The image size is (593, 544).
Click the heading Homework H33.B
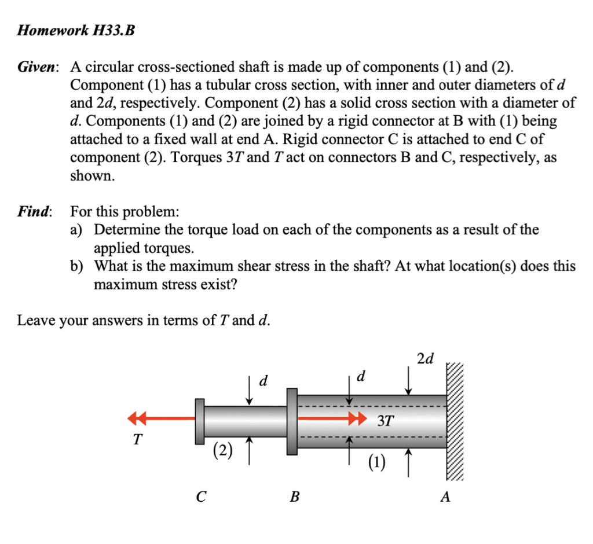(x=76, y=31)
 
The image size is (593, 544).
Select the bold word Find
(x=34, y=212)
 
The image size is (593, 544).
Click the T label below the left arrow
(x=137, y=440)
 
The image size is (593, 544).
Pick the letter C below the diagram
(x=200, y=497)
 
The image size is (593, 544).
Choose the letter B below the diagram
(x=295, y=497)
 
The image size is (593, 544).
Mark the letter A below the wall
(x=445, y=497)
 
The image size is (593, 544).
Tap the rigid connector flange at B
(x=292, y=421)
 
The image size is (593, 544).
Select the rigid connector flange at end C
(x=200, y=421)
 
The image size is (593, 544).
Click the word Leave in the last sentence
(x=34, y=320)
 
